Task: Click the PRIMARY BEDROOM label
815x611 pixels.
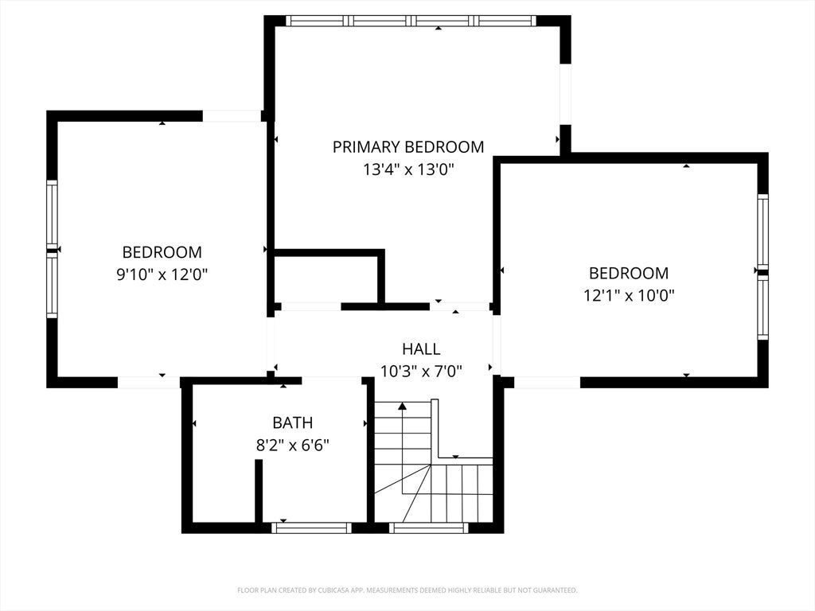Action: coord(408,147)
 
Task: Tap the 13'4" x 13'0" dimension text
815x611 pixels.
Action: coord(408,169)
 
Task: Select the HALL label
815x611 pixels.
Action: coord(421,348)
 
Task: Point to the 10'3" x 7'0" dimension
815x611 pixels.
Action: coord(421,372)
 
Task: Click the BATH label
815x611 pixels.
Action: coord(293,423)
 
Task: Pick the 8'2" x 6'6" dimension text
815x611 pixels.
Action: coord(293,446)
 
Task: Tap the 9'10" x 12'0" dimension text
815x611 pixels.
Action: coord(162,274)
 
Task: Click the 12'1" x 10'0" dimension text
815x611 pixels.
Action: coord(629,296)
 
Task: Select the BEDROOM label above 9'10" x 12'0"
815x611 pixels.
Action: coord(162,252)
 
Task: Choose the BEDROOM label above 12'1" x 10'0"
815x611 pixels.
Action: coord(629,274)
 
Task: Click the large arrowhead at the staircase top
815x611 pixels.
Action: coord(402,406)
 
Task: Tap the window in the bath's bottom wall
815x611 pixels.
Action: coord(311,528)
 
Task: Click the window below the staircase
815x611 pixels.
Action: coord(429,528)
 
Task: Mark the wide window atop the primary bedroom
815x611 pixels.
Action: coord(411,21)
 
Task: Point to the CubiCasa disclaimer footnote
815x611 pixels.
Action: coord(407,590)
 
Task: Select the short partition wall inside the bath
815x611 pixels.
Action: coord(259,491)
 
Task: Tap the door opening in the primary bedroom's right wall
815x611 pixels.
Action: coord(566,94)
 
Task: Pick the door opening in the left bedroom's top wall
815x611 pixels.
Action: coord(232,116)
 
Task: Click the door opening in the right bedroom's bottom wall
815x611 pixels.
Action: coord(547,383)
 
